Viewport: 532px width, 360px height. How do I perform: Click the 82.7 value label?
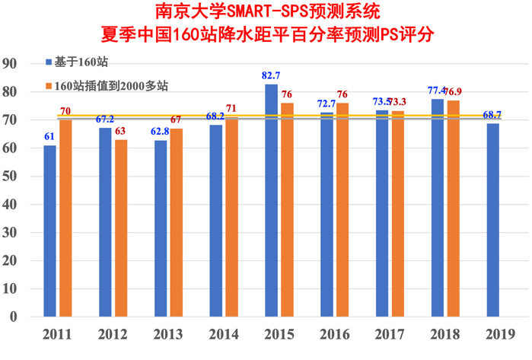(x=270, y=76)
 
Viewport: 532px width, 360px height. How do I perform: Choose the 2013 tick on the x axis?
(x=168, y=334)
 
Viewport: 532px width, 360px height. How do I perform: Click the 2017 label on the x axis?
(x=389, y=334)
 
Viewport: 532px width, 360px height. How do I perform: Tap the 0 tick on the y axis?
(x=15, y=317)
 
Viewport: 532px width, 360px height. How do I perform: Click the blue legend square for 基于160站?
(x=49, y=61)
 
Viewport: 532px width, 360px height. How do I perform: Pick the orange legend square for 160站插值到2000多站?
(x=49, y=85)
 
